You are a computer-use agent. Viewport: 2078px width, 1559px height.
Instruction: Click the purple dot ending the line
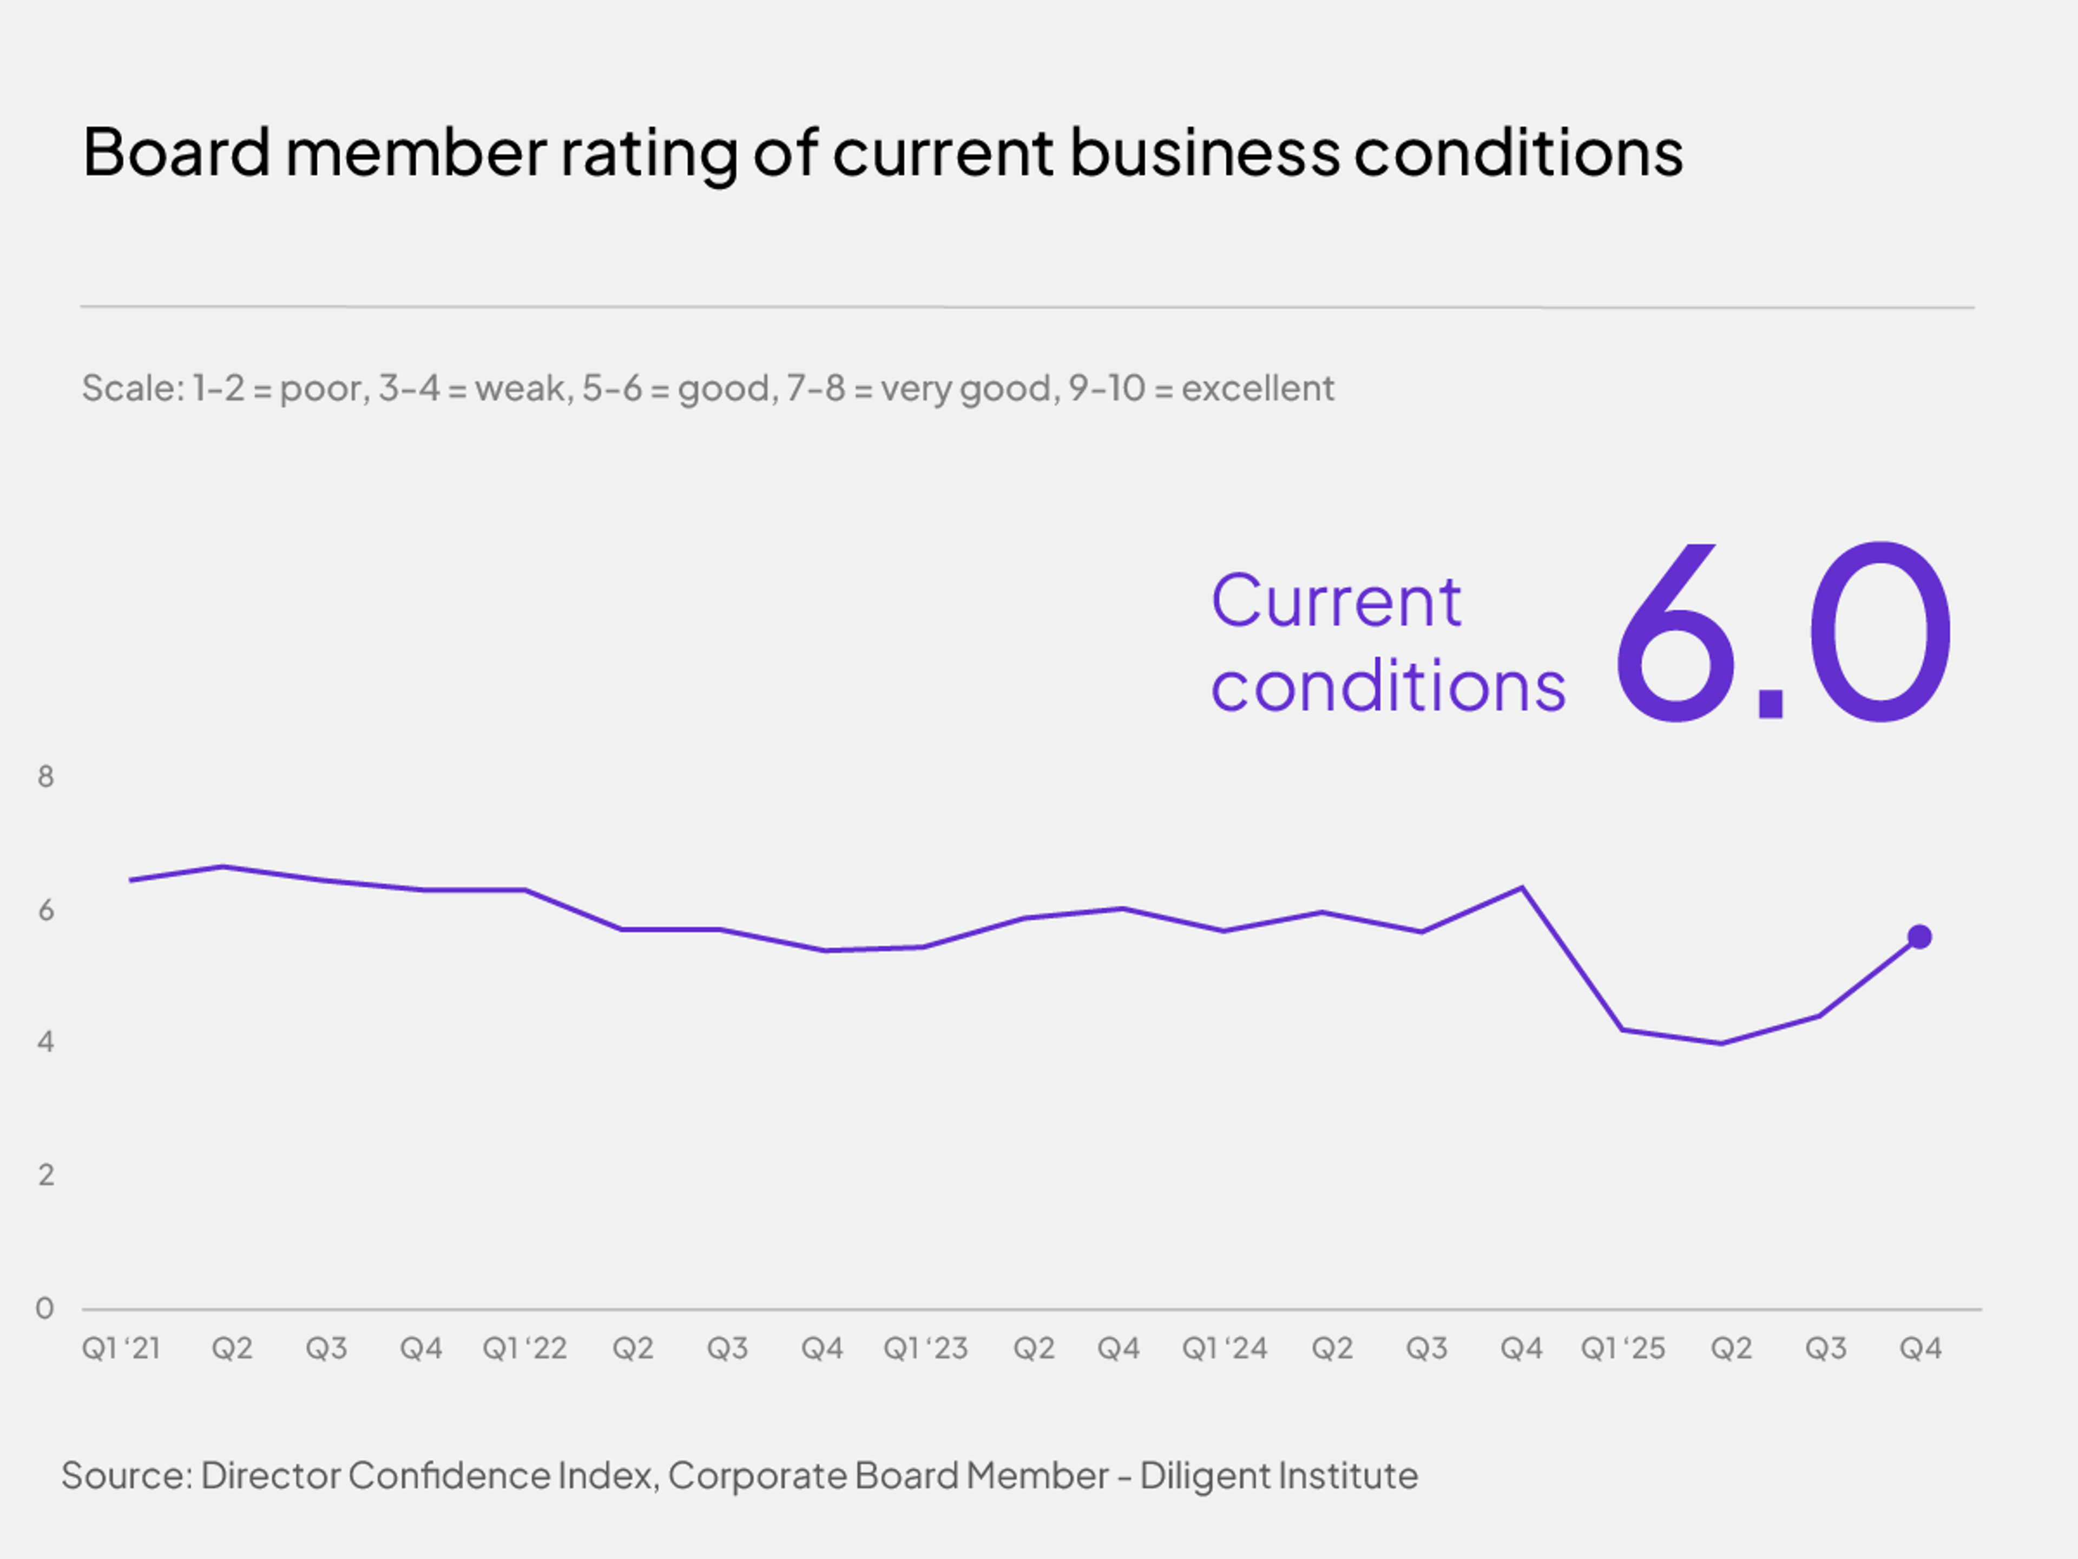pyautogui.click(x=1919, y=937)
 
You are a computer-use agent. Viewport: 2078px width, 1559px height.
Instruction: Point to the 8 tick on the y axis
pyautogui.click(x=45, y=776)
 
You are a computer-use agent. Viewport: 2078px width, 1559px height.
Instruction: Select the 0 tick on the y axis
pyautogui.click(x=44, y=1308)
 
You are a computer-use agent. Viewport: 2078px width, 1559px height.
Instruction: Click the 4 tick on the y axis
pyautogui.click(x=45, y=1041)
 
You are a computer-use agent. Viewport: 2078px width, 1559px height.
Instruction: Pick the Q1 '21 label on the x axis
pyautogui.click(x=121, y=1348)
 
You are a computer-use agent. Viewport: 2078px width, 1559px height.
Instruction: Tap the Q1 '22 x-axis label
pyautogui.click(x=524, y=1348)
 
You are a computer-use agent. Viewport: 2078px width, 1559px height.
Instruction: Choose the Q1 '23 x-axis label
pyautogui.click(x=925, y=1348)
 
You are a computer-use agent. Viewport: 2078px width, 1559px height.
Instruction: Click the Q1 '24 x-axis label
pyautogui.click(x=1224, y=1348)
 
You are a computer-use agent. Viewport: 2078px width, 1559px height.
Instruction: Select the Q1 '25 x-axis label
pyautogui.click(x=1622, y=1348)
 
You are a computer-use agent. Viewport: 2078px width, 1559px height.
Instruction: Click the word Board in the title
pyautogui.click(x=176, y=152)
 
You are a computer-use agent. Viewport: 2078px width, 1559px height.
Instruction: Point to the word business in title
pyautogui.click(x=1205, y=152)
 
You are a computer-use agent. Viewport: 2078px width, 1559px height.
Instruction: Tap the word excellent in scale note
pyautogui.click(x=1257, y=388)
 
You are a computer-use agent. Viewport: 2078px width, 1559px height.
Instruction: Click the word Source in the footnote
pyautogui.click(x=126, y=1475)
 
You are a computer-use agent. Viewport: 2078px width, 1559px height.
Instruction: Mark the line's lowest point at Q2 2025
pyautogui.click(x=1721, y=1043)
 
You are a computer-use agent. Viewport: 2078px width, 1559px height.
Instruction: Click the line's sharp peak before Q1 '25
pyautogui.click(x=1522, y=887)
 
